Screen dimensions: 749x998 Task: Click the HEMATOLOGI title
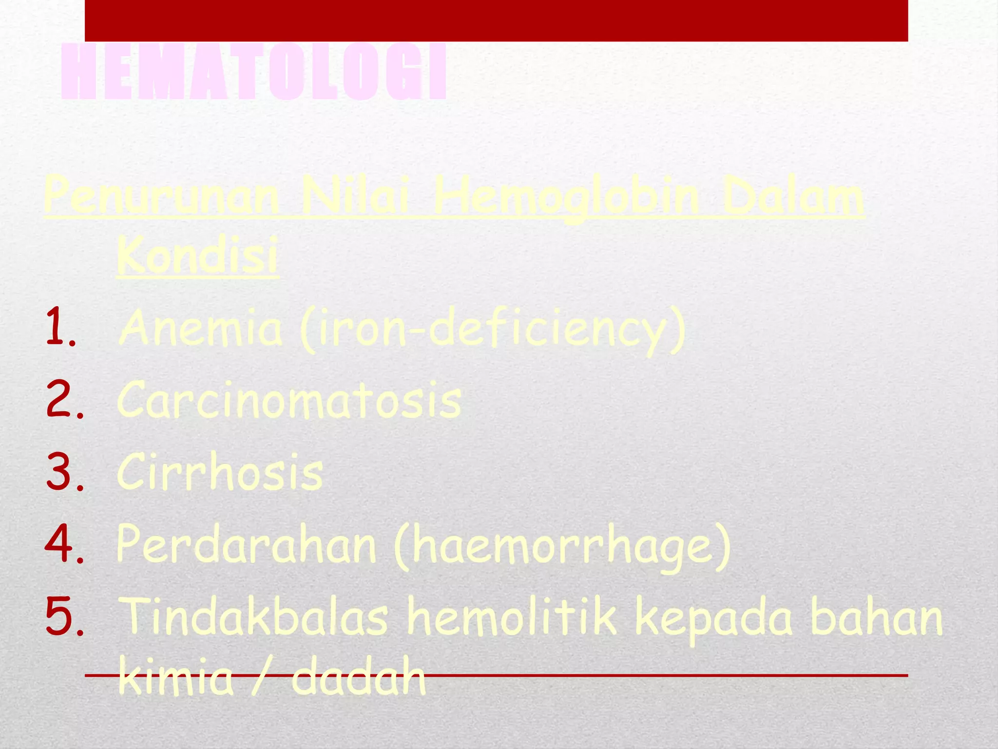253,72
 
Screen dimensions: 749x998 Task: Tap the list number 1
60,327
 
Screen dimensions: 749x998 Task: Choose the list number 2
63,400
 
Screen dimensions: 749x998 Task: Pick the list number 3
63,472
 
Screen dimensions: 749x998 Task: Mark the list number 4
63,544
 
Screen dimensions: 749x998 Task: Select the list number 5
63,616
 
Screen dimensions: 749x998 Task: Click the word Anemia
200,328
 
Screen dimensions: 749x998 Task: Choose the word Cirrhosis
220,472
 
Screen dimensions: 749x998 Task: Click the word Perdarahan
246,545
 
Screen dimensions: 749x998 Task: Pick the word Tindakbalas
253,616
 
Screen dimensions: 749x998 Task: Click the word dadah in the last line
358,678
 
